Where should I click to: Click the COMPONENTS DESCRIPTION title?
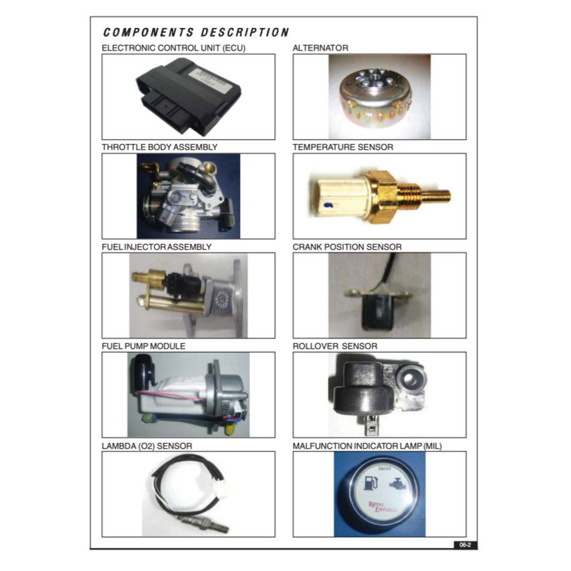(x=196, y=32)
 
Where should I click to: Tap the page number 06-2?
(x=465, y=545)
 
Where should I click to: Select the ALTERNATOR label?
(x=320, y=48)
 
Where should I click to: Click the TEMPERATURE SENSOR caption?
(x=343, y=147)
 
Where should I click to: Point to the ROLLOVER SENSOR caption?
(x=335, y=346)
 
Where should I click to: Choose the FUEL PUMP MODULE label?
(x=143, y=346)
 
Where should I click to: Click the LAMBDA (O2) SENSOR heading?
(x=147, y=446)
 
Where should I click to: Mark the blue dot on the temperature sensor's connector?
(x=326, y=206)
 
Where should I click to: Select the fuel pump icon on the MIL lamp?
(x=371, y=483)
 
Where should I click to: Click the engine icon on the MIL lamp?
(x=398, y=483)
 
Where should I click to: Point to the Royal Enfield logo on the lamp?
(x=383, y=507)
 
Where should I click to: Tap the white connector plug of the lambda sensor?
(x=220, y=489)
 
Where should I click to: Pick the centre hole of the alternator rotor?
(x=373, y=78)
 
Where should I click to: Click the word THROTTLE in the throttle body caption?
(x=119, y=147)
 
